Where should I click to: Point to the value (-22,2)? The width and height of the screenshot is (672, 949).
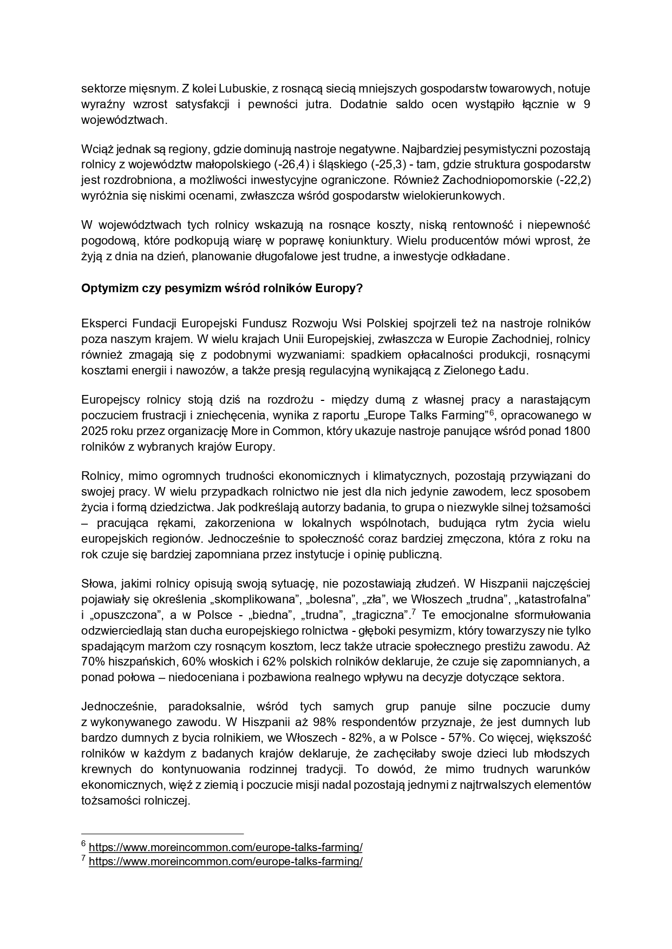[571, 180]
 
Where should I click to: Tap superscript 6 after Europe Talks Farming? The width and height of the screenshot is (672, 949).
[492, 413]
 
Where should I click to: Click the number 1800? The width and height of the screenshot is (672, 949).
[577, 432]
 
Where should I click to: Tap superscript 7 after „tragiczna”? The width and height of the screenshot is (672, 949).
[413, 612]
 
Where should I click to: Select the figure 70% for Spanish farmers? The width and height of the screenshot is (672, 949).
[92, 662]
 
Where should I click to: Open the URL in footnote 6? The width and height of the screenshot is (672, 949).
[225, 847]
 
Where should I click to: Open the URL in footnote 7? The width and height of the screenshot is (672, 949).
[225, 861]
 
